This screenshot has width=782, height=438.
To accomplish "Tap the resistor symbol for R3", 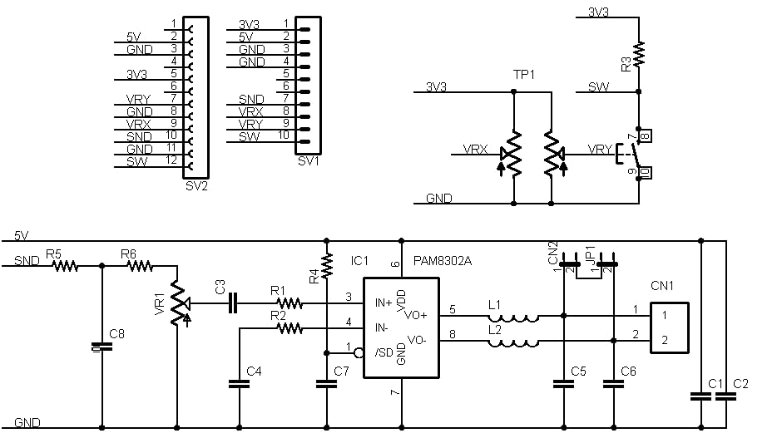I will [639, 55].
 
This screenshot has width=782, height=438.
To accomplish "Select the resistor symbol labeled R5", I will [65, 267].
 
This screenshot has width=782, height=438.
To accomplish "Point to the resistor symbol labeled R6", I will [140, 267].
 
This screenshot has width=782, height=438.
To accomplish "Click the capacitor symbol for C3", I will [233, 305].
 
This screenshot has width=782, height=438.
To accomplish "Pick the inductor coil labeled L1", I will [513, 317].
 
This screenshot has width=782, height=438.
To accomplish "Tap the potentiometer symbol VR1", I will [176, 304].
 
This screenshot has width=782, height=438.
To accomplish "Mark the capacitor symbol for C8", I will [102, 347].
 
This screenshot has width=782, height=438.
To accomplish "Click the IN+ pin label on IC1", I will [385, 302].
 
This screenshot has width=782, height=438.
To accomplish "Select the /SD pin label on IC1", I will [384, 352].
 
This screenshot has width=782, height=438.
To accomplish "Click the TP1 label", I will [523, 75].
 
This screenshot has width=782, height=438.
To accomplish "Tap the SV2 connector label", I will [197, 185].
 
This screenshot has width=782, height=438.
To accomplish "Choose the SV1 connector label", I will [308, 160].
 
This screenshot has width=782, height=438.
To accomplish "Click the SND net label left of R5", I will [26, 261].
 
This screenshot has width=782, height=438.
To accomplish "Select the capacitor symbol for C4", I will [240, 383].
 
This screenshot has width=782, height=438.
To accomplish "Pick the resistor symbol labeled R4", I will [327, 266].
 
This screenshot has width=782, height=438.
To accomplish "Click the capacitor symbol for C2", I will [726, 396].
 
